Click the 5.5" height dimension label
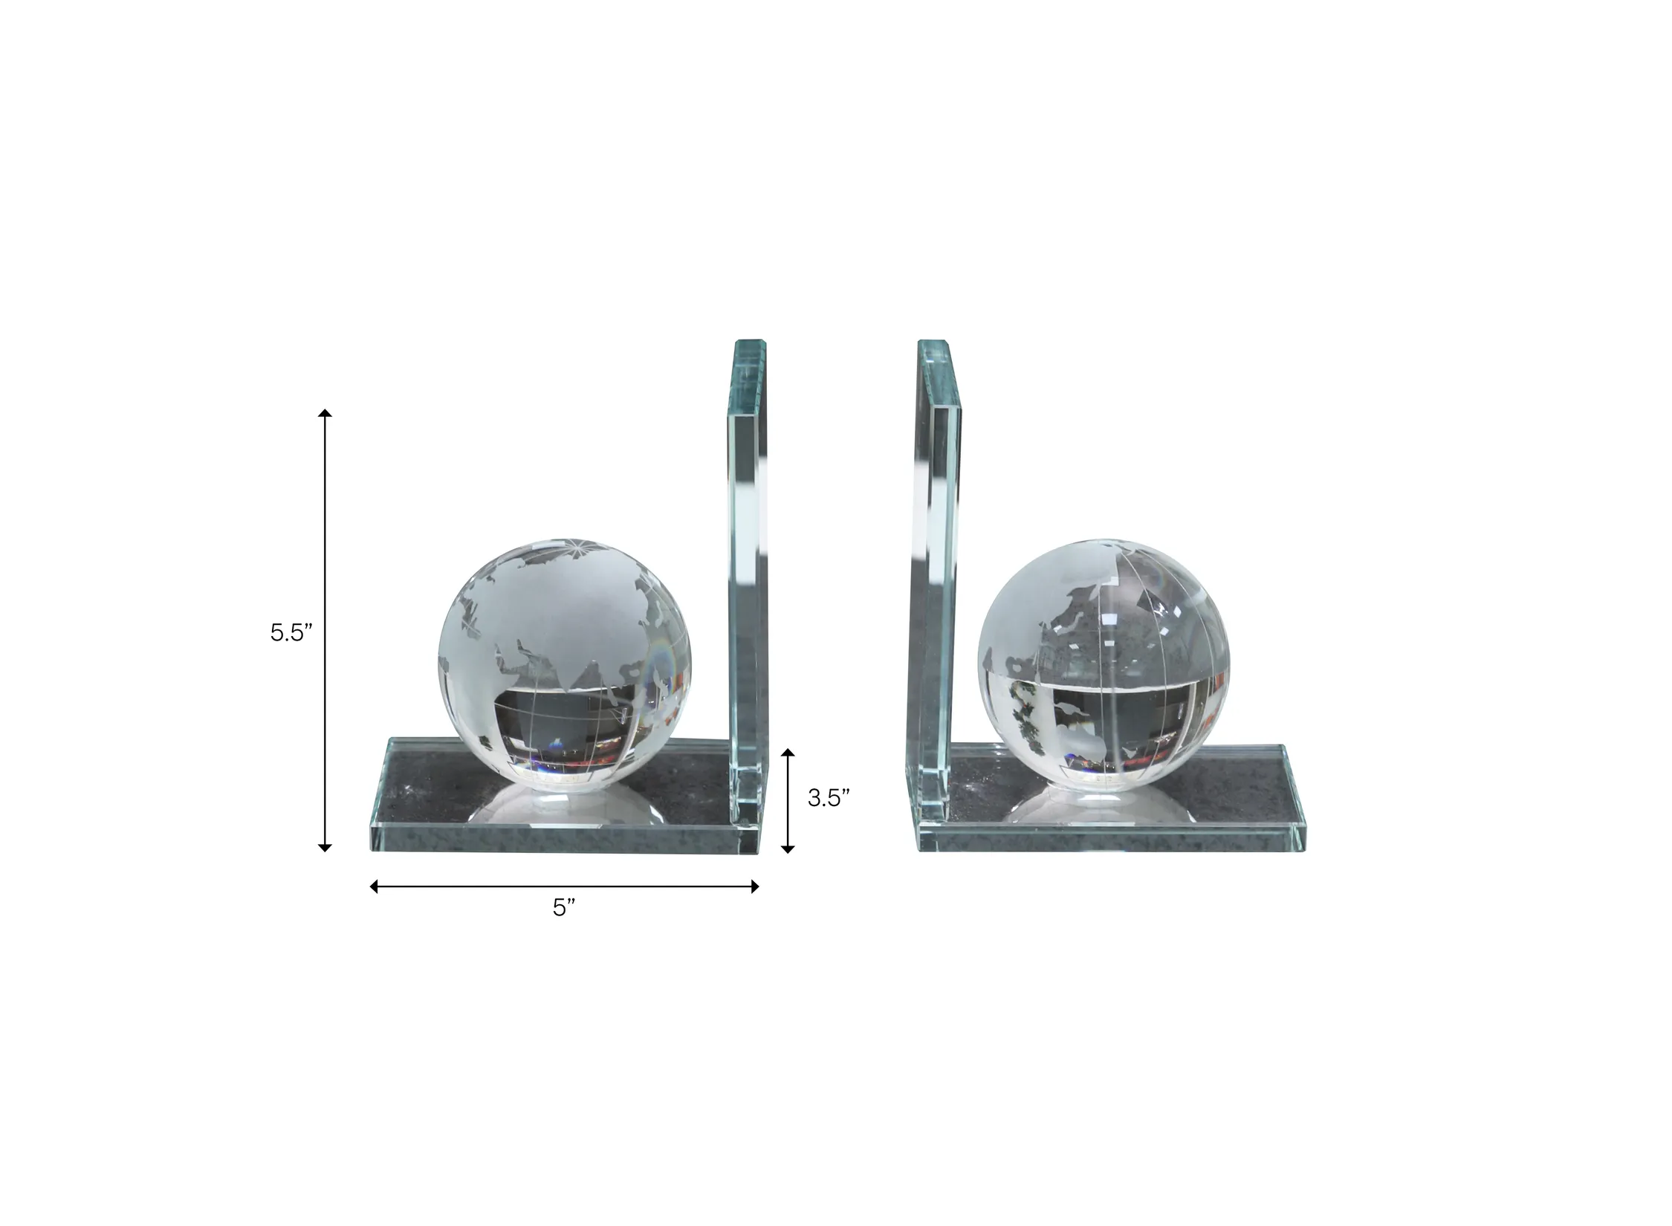click(x=291, y=633)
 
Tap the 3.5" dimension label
click(x=829, y=798)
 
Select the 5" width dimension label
click(x=564, y=907)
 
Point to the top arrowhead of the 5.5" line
click(x=325, y=413)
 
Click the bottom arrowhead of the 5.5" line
click(x=325, y=846)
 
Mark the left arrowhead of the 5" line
click(x=375, y=886)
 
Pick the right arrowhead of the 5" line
click(x=754, y=886)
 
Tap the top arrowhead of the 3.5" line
click(x=788, y=754)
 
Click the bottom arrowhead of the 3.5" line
click(x=788, y=847)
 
